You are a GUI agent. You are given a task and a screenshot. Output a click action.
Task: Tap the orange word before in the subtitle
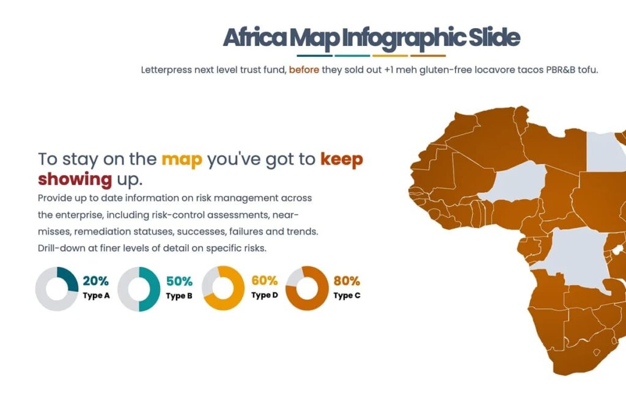(x=304, y=70)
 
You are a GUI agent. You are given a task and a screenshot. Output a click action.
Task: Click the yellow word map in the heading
(x=182, y=159)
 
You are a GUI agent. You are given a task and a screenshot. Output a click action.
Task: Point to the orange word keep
(x=342, y=159)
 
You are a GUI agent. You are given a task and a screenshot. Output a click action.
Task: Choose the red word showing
(x=75, y=179)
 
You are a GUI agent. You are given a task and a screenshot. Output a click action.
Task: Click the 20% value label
(x=96, y=281)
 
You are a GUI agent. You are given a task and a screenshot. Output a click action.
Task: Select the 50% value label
(x=179, y=281)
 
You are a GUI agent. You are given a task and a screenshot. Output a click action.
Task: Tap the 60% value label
(x=264, y=281)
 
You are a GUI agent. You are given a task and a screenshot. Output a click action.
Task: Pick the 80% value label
(x=347, y=281)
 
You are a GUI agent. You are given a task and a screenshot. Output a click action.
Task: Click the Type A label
(x=96, y=296)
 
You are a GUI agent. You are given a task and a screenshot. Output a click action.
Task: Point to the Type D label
(x=264, y=296)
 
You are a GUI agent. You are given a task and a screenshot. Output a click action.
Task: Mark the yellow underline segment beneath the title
(x=390, y=56)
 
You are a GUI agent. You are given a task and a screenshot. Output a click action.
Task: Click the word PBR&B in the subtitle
(x=554, y=70)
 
